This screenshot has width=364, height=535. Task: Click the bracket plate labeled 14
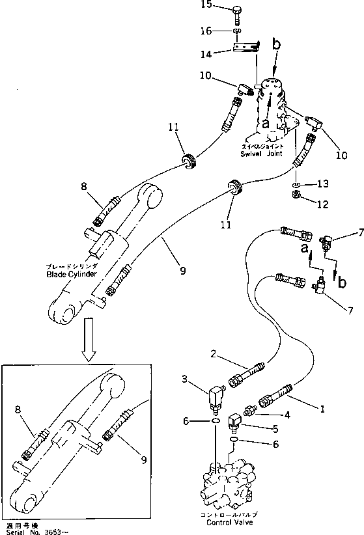point(247,47)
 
